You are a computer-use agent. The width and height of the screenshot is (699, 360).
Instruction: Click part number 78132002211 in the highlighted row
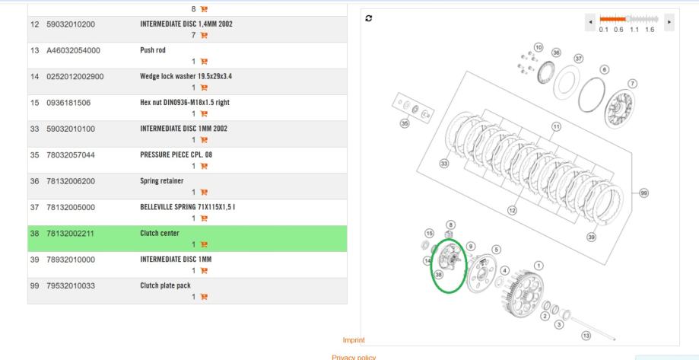(70, 234)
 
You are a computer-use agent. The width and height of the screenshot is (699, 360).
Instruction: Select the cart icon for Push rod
(204, 62)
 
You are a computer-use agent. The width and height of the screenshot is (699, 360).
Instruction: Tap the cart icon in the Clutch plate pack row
(204, 297)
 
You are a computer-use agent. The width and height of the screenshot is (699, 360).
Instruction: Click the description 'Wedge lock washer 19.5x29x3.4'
(186, 76)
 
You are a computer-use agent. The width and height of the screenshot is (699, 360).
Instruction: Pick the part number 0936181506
(68, 103)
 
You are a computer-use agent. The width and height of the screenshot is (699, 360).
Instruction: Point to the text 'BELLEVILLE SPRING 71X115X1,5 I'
(188, 207)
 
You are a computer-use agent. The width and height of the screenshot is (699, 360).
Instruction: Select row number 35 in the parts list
(34, 155)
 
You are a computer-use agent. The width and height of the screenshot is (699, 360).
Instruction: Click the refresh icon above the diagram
(369, 18)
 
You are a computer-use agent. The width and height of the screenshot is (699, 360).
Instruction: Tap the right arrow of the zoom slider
(669, 22)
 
